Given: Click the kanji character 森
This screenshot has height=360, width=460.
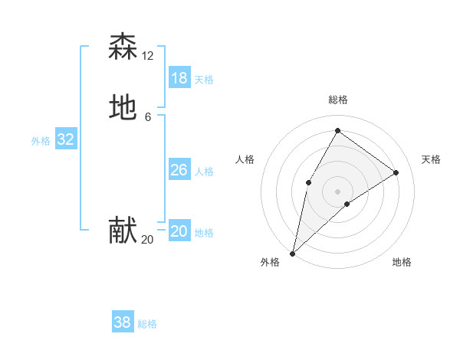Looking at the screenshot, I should pos(123,47).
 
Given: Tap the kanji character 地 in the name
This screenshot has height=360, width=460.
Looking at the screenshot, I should pos(123,108).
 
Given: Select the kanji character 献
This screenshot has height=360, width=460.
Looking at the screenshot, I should pos(123,231).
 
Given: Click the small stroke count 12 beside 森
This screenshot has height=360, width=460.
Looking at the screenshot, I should pos(148,56).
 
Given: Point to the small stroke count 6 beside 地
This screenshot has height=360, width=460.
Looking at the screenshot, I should pos(148,117).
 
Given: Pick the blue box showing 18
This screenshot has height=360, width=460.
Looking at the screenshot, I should pos(179,78).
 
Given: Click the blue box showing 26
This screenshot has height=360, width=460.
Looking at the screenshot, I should pos(179,170).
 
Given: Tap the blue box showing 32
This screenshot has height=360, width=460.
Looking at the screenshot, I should pos(66,139).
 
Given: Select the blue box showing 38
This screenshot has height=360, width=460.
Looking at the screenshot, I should pos(123,322).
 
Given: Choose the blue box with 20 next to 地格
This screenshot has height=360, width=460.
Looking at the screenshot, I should pos(179,231).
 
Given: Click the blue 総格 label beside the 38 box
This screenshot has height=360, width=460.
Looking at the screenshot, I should pos(148,324).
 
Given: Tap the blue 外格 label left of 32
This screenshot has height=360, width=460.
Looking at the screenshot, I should pos(41,141).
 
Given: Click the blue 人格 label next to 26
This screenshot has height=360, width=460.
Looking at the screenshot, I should pos(205,172).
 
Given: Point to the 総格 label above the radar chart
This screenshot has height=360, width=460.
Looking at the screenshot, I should pos(337,100).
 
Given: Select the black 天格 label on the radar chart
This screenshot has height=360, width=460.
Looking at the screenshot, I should pos(431,159).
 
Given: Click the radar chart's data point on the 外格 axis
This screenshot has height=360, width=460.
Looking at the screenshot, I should pos(292,253).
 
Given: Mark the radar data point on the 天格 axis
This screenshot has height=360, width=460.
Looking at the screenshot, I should pos(396,172).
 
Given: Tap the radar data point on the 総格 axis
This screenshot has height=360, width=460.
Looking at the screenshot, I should pos(337,131).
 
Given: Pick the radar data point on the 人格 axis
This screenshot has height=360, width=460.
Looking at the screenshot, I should pos(308,182).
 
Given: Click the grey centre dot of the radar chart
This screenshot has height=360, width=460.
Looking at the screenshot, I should pos(337,191).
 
